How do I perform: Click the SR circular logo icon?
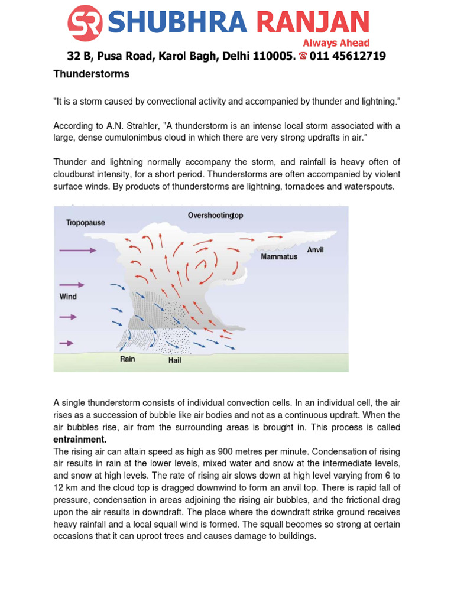(x=86, y=23)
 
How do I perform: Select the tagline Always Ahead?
(x=336, y=43)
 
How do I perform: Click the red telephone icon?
(x=303, y=57)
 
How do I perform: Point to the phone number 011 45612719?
(x=348, y=57)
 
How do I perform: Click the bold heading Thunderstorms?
(x=91, y=74)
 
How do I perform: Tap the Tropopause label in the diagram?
(x=86, y=223)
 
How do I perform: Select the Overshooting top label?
(x=215, y=216)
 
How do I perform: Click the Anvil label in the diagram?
(x=315, y=250)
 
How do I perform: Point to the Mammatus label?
(x=279, y=258)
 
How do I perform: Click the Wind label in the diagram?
(x=68, y=296)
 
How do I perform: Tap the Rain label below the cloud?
(x=128, y=359)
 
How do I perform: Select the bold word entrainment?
(x=80, y=440)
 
